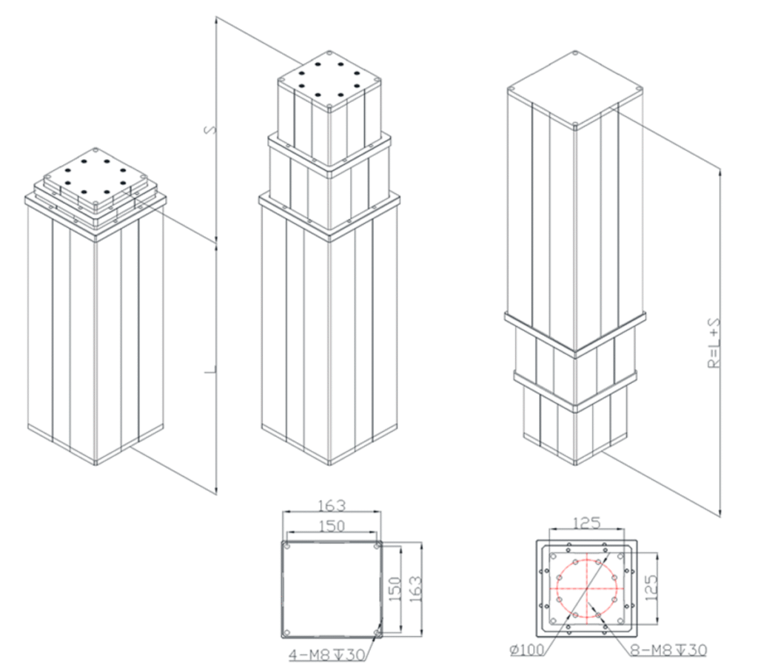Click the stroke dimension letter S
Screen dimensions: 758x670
[x=211, y=130]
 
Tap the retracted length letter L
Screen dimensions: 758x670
[x=210, y=371]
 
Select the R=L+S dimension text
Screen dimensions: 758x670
[x=714, y=343]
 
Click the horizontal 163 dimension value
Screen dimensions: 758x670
[x=332, y=505]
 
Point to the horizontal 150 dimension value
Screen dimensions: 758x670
[x=332, y=526]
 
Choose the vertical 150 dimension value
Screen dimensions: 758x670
[x=395, y=588]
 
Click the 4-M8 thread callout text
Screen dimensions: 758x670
[x=327, y=654]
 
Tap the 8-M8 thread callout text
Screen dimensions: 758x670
[x=668, y=650]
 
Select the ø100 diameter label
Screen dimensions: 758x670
[x=527, y=650]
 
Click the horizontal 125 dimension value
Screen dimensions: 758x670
[x=586, y=523]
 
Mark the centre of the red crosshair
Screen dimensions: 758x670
[x=587, y=589]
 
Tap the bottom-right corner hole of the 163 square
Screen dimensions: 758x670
[x=377, y=632]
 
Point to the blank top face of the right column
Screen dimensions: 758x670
[x=574, y=89]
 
